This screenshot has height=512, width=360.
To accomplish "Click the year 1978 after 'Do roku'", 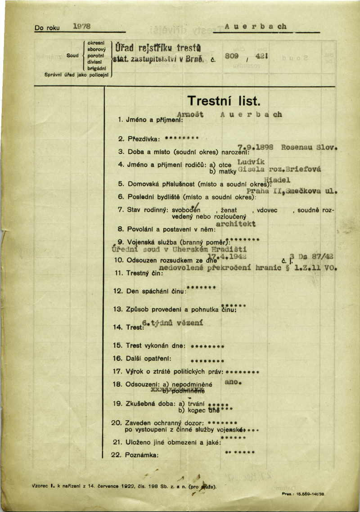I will pos(81,27).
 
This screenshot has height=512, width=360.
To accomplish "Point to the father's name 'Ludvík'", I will pos(251,161).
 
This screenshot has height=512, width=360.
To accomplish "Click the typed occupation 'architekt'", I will pos(236,223).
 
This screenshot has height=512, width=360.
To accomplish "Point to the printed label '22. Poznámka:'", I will pos(135,455).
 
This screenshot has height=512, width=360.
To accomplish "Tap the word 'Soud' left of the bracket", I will pos(72,55).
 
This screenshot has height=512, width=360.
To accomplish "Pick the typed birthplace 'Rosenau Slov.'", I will pos(310,147).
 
